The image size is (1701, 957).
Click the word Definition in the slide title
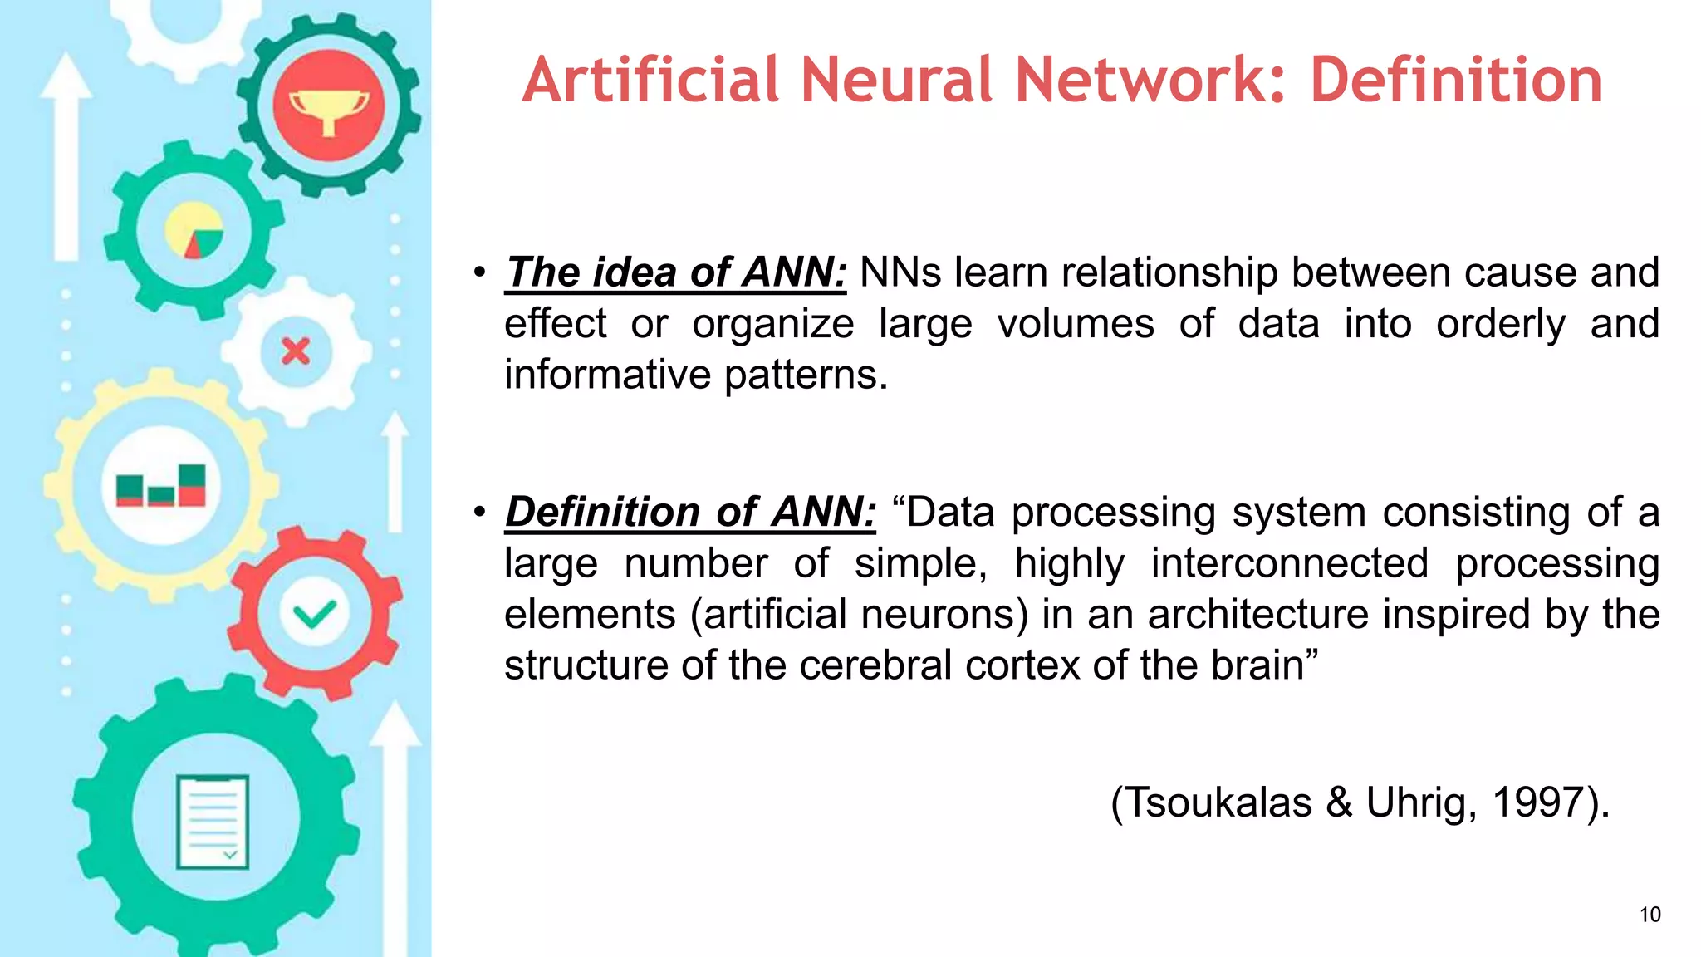1456,81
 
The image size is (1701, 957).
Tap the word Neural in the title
897,81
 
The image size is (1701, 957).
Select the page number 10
1650,915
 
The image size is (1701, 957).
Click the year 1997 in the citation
1537,802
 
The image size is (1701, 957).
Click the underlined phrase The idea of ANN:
676,272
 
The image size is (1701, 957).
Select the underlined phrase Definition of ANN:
690,512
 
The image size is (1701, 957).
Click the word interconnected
1289,563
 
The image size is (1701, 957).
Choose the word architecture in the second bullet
1257,615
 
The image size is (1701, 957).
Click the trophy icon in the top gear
329,106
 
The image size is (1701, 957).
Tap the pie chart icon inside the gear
194,230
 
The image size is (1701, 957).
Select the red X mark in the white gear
296,351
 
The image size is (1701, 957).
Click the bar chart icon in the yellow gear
161,485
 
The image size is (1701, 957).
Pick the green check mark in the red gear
315,614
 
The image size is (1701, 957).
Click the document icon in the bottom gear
213,822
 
